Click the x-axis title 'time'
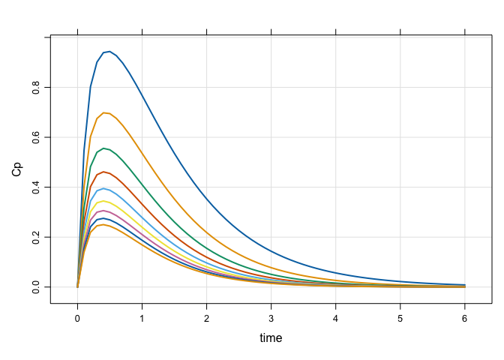[271, 338]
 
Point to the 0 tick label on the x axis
[77, 318]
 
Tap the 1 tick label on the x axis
[142, 318]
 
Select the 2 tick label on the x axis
[207, 318]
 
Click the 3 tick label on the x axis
[271, 318]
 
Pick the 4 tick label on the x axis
[336, 318]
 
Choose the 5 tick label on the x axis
[400, 318]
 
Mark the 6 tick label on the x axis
[466, 318]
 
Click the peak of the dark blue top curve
[109, 52]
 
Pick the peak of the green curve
[103, 148]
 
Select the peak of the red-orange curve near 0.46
[103, 172]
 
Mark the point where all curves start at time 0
[77, 286]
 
